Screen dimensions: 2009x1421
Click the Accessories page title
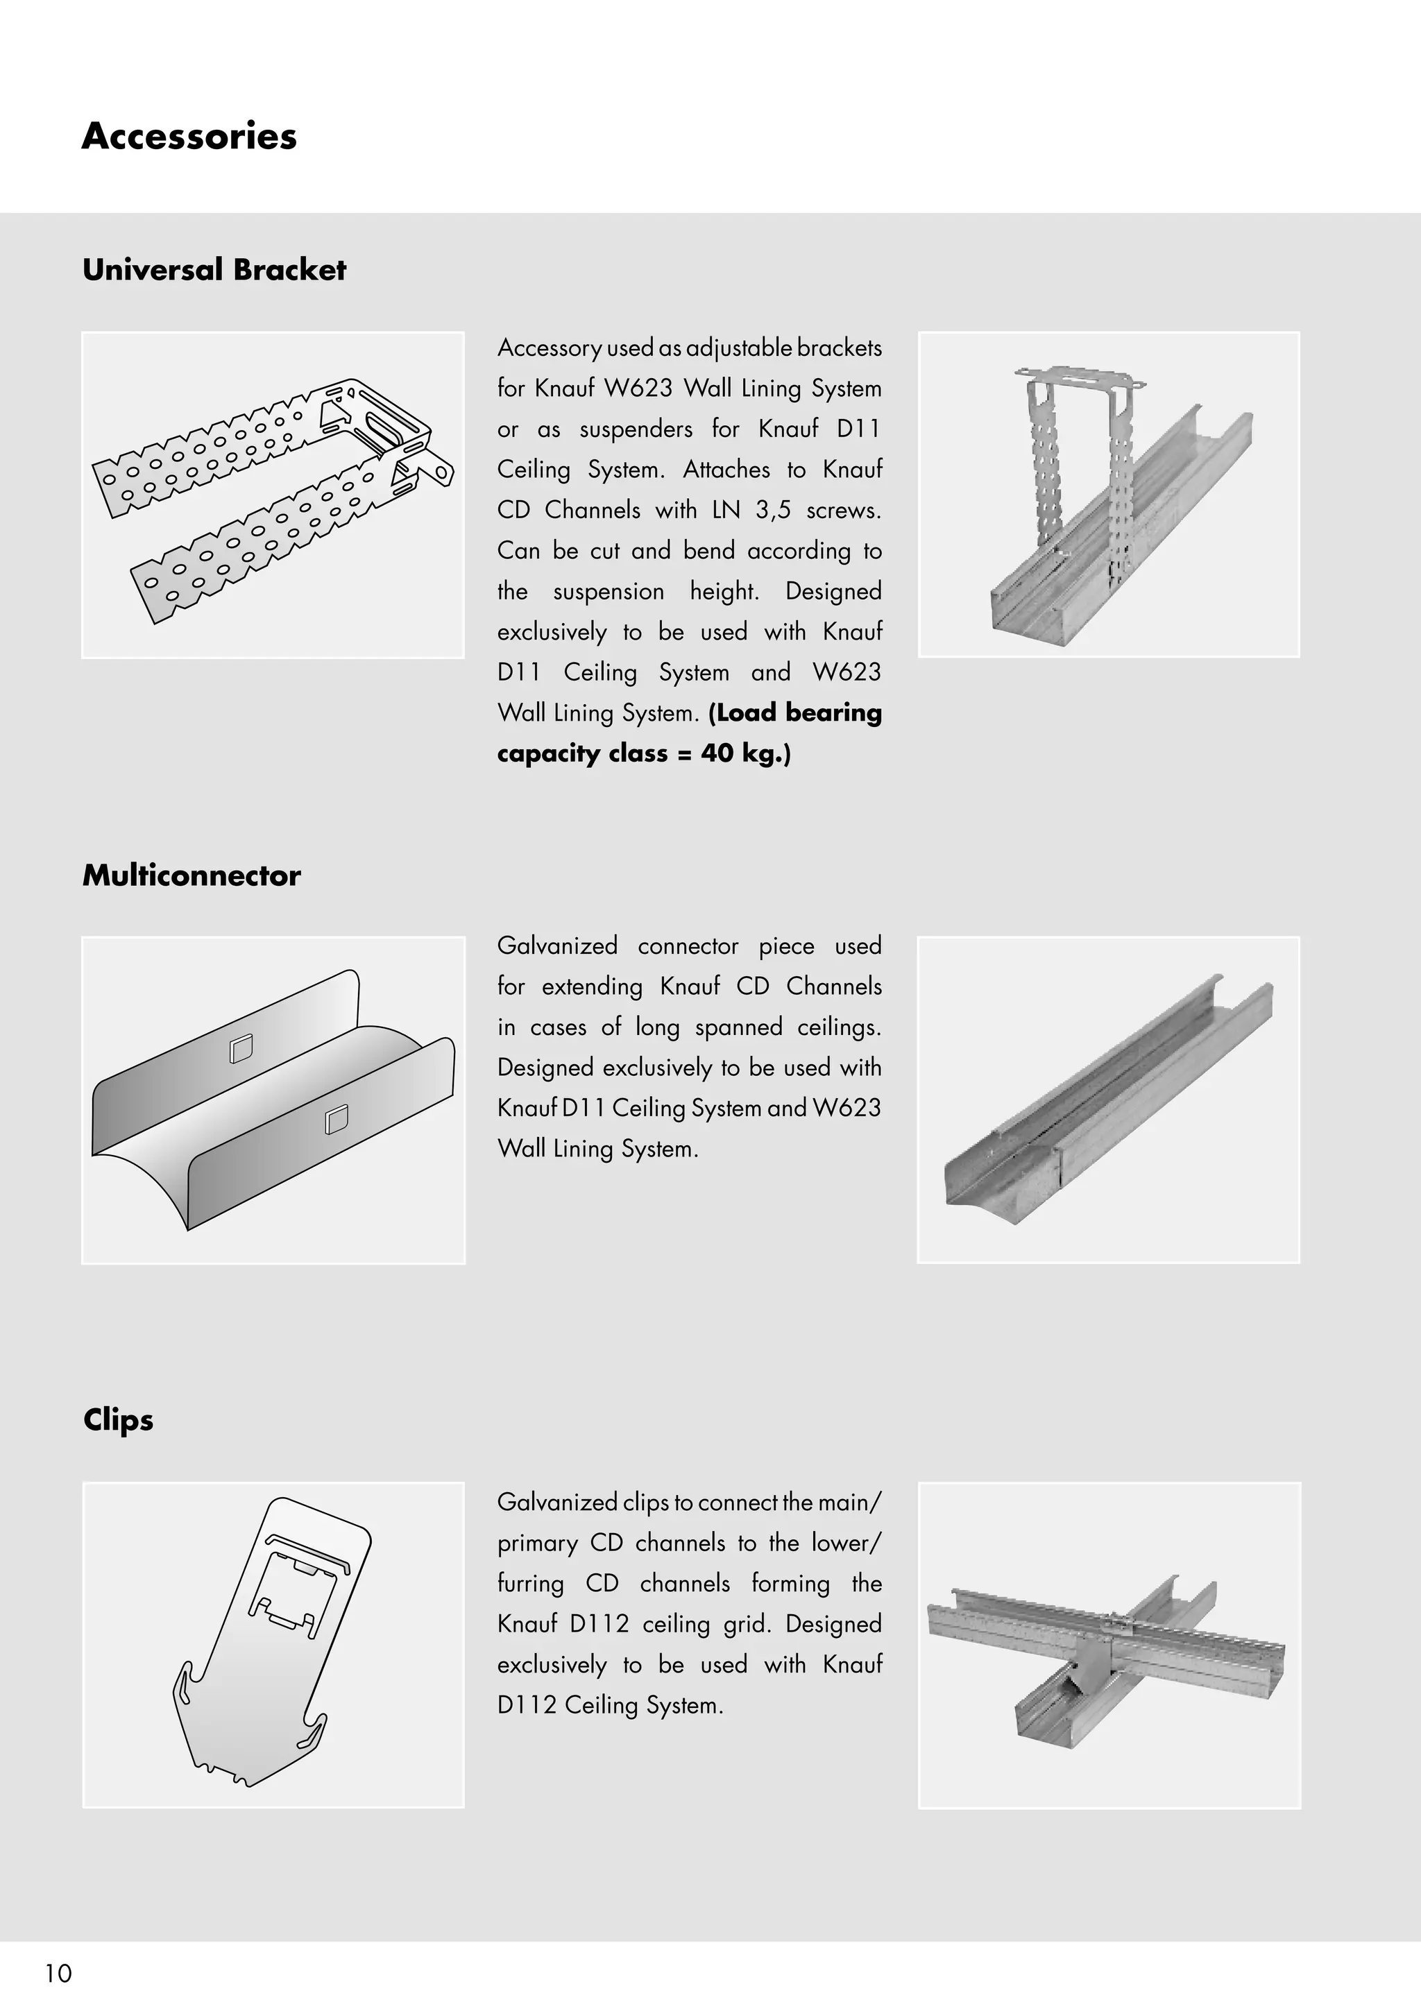189,137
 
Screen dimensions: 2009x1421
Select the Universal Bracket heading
214,269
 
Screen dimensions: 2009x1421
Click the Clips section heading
118,1419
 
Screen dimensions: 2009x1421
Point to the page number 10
58,1973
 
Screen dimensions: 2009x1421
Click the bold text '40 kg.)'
745,753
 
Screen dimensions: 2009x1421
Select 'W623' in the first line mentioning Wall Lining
638,388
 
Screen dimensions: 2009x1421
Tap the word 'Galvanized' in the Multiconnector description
556,946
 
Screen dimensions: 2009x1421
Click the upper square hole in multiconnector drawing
241,1048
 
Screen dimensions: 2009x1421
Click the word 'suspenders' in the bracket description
636,429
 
